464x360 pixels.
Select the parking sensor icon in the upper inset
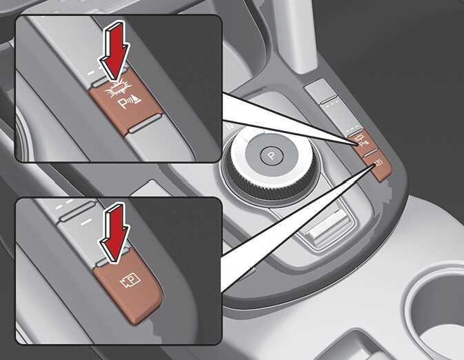coord(130,102)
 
